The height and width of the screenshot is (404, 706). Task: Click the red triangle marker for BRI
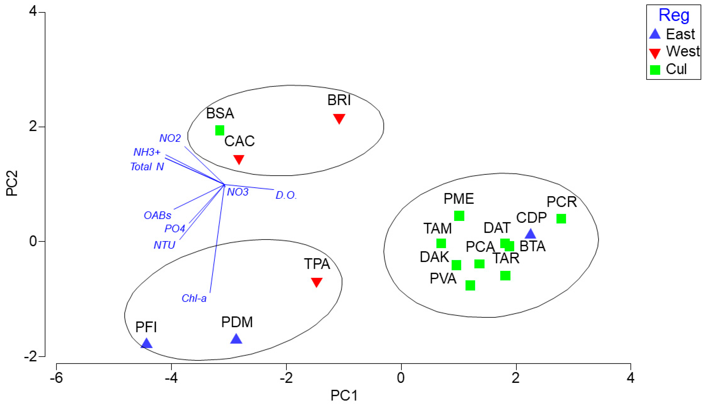coord(339,118)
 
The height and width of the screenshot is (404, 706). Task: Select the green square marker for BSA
coord(220,130)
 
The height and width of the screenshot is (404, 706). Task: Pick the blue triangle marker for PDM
coord(236,339)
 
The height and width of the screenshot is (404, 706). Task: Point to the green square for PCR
coord(561,219)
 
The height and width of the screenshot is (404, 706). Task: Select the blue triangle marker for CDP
coord(530,234)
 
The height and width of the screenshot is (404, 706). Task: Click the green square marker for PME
coord(459,216)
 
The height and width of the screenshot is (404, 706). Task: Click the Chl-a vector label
coord(194,298)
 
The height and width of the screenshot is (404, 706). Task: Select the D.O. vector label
coord(286,195)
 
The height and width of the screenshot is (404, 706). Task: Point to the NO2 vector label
coord(170,138)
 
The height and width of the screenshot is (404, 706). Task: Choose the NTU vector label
coord(164,245)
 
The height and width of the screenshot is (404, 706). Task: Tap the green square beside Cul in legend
coord(655,69)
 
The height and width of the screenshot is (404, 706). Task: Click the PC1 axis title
coord(344,396)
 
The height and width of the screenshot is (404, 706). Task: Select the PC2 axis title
coord(12,183)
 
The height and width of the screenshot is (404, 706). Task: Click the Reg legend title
coord(674,15)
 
